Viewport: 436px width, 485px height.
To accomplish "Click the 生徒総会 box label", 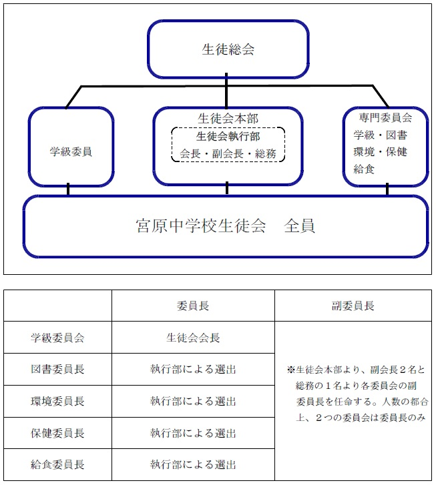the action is point(228,49).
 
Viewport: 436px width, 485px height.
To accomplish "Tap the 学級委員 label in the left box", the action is point(71,151).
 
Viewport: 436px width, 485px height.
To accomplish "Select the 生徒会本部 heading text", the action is point(228,119).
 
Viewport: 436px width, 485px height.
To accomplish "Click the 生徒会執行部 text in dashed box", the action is point(228,136).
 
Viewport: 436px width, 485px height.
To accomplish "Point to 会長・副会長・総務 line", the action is point(228,153).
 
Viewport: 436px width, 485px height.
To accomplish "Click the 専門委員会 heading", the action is point(385,117).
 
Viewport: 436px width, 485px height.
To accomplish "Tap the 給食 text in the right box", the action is point(364,169).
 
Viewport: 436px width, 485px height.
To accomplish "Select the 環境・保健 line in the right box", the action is point(381,152).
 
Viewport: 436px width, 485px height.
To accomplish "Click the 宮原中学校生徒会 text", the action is point(201,225).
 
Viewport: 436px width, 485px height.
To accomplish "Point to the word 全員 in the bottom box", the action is point(299,225).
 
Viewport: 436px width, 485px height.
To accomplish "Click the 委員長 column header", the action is point(193,306).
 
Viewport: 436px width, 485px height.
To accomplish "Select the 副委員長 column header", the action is point(353,306).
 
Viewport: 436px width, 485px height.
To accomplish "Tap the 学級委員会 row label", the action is point(57,338).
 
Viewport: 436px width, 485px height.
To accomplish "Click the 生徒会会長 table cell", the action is point(193,338).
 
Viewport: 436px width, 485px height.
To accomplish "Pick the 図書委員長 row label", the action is point(57,369).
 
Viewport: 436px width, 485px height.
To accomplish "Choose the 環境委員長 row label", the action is point(57,401).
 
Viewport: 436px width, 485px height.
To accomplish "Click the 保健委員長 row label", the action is point(57,433).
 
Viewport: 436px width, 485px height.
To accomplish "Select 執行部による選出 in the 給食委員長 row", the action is point(193,464).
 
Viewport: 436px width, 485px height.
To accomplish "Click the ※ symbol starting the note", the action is point(291,370).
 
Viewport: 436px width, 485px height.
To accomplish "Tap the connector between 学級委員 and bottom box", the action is point(68,189).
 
